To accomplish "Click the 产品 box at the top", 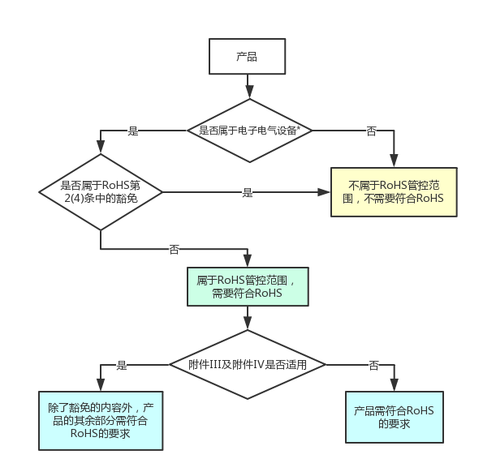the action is click(247, 56).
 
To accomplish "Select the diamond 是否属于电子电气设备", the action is click(249, 131).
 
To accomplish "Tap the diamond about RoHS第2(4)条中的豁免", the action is click(101, 192).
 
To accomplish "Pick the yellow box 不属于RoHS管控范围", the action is click(394, 192).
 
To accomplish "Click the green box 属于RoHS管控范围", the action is click(248, 286).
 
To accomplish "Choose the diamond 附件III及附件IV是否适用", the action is click(248, 365).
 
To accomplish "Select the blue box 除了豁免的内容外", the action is click(101, 421).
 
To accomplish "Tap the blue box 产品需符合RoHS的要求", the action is click(395, 417).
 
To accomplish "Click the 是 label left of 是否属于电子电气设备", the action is click(133, 131).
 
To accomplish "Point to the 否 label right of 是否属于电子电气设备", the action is click(371, 131).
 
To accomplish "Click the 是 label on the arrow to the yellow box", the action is click(248, 193).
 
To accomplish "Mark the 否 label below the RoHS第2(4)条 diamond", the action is click(174, 250).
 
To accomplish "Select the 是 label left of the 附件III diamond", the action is click(122, 366).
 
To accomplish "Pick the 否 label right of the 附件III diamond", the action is click(373, 366).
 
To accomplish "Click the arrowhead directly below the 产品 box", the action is click(249, 92).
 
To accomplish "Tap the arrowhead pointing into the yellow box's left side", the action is click(324, 192).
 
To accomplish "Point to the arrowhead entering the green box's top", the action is click(248, 260).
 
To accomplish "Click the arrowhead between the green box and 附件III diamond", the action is click(248, 323).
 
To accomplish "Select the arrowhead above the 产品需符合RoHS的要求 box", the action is click(395, 384).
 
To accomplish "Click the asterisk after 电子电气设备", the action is click(299, 127).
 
